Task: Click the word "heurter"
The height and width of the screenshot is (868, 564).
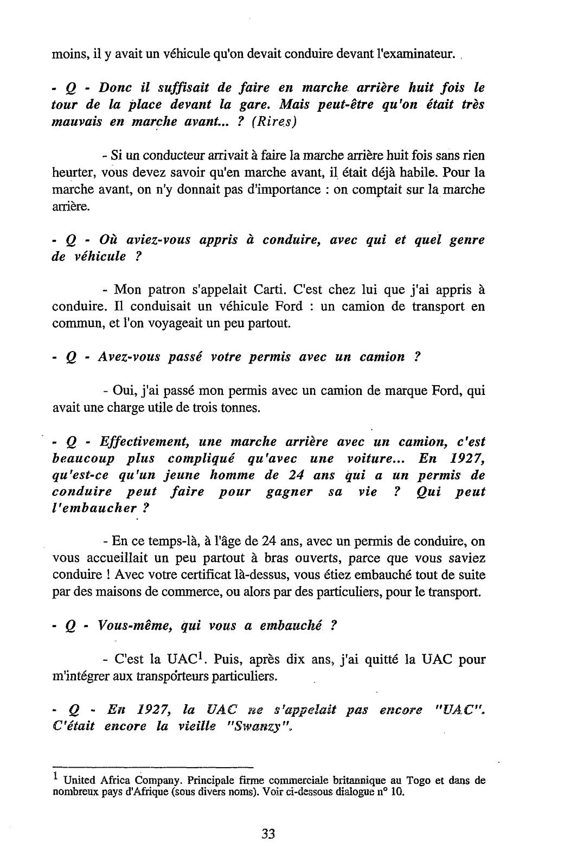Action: pos(72,173)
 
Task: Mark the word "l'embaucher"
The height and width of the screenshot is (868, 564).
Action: pos(93,509)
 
